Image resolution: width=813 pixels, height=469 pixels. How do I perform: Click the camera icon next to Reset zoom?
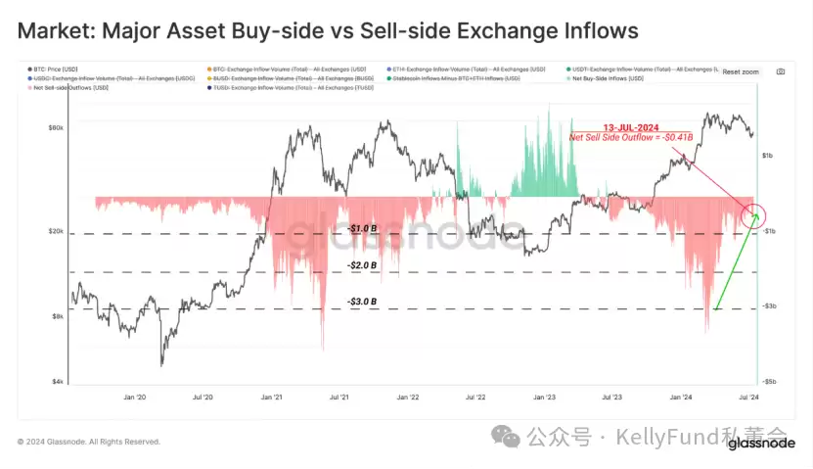click(x=780, y=71)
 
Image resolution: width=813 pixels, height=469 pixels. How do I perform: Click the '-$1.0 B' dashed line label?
click(x=361, y=228)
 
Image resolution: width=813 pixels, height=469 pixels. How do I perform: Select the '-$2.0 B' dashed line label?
click(x=361, y=265)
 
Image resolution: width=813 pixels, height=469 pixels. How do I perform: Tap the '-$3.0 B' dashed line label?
click(x=361, y=301)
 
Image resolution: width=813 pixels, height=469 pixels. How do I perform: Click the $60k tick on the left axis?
click(x=56, y=128)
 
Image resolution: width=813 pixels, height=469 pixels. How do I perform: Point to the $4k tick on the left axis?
click(x=58, y=381)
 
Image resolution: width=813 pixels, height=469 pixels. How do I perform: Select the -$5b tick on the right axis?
click(x=770, y=381)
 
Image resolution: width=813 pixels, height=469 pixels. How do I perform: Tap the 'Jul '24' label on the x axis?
click(x=745, y=398)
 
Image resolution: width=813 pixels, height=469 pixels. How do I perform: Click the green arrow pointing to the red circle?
click(x=733, y=269)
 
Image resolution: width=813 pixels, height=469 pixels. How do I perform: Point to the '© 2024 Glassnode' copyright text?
click(x=88, y=442)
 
